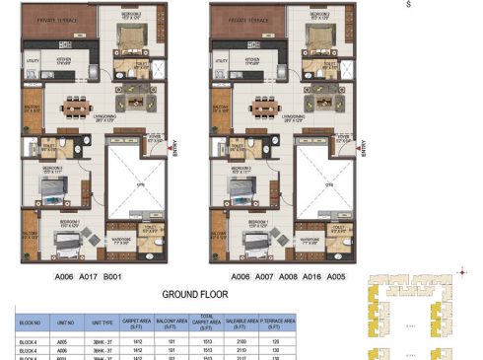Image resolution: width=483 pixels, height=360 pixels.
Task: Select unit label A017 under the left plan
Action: (87, 278)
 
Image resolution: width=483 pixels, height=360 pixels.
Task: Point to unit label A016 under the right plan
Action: (312, 278)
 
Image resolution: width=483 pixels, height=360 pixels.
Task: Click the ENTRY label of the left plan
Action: (176, 145)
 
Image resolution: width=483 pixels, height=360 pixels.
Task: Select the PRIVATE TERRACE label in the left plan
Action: (56, 19)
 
